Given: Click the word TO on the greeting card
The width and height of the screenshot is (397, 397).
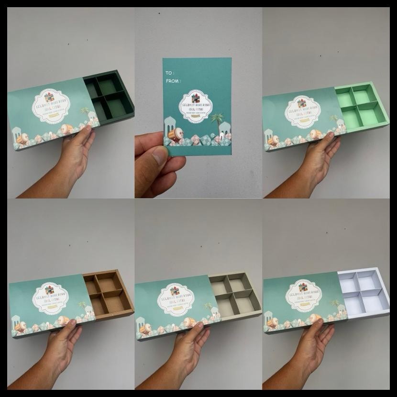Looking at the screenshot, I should (169, 73).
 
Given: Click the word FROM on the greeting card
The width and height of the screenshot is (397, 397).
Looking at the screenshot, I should (172, 81).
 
